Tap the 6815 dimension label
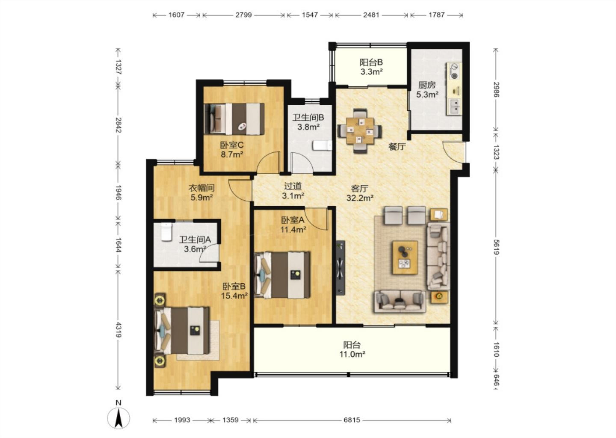[x=352, y=420]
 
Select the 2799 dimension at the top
[x=243, y=15]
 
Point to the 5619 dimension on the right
[x=496, y=247]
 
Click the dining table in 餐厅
[x=360, y=131]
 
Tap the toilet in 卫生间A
[x=166, y=231]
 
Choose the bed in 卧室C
[x=234, y=119]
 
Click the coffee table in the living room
[x=405, y=257]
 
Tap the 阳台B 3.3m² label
[x=371, y=67]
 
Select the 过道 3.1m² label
[x=293, y=191]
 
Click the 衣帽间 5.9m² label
[x=201, y=193]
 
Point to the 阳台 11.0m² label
[x=352, y=349]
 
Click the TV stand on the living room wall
[x=341, y=268]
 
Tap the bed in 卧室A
[x=282, y=275]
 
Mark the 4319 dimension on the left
[x=118, y=330]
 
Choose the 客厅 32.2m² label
[x=360, y=193]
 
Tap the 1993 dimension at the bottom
[x=182, y=420]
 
